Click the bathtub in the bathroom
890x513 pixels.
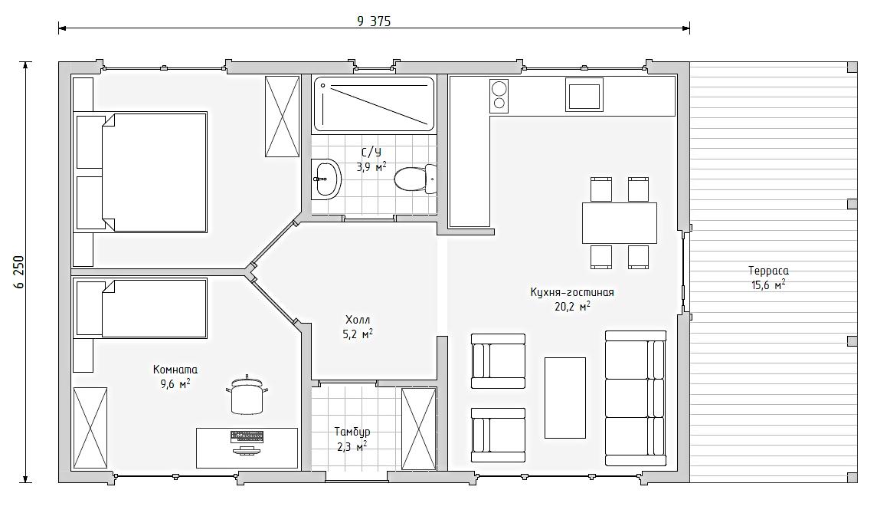(374, 104)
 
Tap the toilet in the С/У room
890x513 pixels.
(415, 179)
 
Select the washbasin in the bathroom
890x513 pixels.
(326, 179)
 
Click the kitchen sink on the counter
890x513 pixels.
(584, 94)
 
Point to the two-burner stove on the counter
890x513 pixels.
(499, 95)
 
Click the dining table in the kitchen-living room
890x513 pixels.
(620, 222)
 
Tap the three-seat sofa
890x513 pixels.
(636, 398)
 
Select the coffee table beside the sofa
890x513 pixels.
(564, 398)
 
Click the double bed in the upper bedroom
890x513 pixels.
(141, 172)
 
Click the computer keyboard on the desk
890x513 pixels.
(247, 437)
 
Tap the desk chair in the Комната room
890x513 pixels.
(247, 395)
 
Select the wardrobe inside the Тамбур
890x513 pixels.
(418, 429)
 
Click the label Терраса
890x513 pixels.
(768, 271)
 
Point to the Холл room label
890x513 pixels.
(358, 320)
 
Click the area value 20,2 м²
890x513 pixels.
(572, 306)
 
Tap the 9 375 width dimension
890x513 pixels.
(374, 21)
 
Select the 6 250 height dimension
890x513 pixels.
(20, 272)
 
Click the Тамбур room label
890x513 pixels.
(352, 432)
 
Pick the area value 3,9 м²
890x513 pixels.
(371, 166)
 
